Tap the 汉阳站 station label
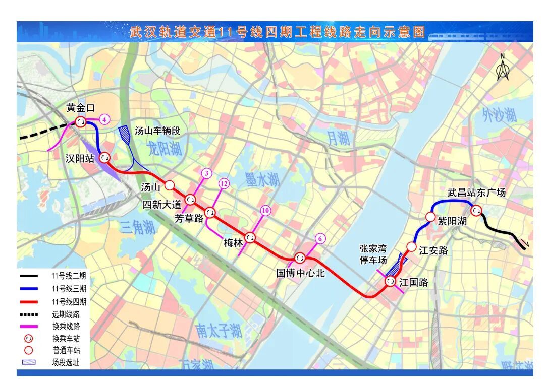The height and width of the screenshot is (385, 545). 80,158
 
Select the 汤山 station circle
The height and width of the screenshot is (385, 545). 170,184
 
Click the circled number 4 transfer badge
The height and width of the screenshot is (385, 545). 104,119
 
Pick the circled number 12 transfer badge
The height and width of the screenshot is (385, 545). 224,183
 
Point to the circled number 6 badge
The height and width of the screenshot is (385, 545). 319,239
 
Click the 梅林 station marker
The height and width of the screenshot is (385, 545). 250,237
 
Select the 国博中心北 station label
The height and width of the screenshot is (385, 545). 300,273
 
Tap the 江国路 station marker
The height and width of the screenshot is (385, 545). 390,281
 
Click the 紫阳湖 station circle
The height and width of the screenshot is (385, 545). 430,217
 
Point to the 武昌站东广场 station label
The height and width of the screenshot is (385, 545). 476,192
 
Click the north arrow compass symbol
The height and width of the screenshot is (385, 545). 502,68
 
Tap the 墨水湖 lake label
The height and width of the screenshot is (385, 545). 262,179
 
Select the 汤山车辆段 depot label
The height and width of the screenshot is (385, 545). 157,131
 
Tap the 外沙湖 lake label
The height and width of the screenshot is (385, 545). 499,115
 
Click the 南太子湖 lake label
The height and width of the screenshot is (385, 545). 219,331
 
